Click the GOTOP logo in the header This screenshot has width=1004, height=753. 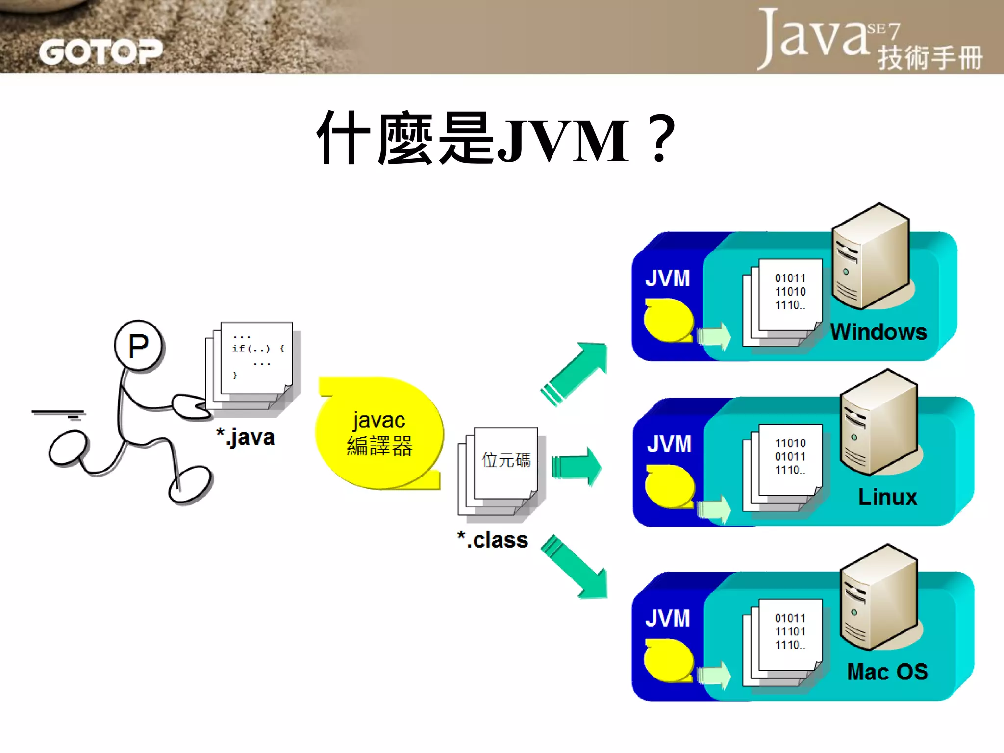tap(100, 52)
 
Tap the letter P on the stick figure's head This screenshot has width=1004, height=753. tap(138, 346)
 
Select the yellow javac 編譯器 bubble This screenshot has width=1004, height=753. tap(379, 433)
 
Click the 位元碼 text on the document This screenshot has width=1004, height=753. tap(506, 460)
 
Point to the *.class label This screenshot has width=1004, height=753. tap(492, 540)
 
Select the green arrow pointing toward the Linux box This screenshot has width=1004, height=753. tap(576, 466)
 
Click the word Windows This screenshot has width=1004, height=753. tap(878, 332)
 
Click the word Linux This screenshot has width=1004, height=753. tap(887, 497)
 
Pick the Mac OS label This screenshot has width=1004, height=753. tap(887, 672)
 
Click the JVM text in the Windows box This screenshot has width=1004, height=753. tap(667, 278)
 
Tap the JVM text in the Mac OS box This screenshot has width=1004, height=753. tap(667, 619)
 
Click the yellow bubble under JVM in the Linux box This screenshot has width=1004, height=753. tap(669, 487)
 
